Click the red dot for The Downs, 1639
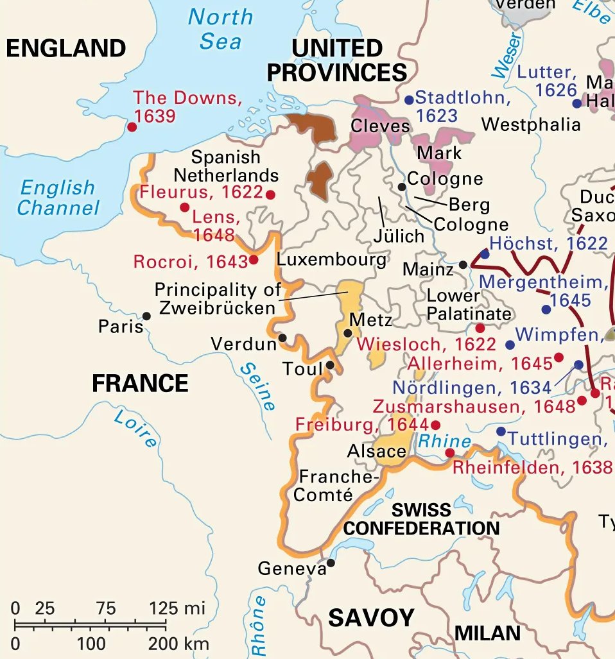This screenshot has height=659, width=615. point(132,127)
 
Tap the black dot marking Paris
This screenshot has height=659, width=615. point(147,316)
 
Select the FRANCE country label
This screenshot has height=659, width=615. point(140,384)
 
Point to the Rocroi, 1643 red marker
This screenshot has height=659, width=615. point(254,259)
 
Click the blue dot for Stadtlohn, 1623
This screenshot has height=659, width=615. point(409,100)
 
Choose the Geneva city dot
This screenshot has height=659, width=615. point(331,563)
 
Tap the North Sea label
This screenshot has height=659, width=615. point(220,29)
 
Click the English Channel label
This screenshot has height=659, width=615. point(58,198)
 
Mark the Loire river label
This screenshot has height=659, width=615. point(135,429)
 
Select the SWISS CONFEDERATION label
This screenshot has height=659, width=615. point(421,519)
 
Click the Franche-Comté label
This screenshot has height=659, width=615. point(327,486)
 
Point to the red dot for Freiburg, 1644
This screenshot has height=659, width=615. point(436,425)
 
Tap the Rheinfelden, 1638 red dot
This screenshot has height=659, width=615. point(450,453)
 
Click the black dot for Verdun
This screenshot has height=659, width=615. point(282,338)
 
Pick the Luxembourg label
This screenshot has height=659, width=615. point(331,260)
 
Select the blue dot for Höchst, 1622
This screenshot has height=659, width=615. point(485,254)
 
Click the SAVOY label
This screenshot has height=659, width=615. point(371,618)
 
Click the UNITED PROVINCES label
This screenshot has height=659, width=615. point(337,60)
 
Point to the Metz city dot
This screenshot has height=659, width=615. point(348,333)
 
